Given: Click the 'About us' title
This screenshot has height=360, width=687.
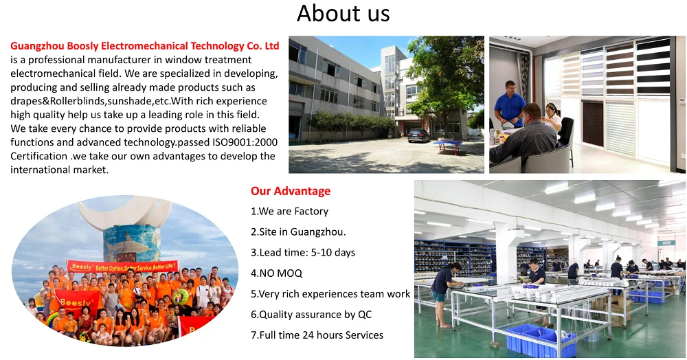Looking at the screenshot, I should click(x=343, y=14).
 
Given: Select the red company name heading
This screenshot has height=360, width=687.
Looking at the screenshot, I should click(x=145, y=46).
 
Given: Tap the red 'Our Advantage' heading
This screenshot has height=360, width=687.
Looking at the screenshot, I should click(x=291, y=191).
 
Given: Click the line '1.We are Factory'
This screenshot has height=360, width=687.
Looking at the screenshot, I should click(x=289, y=212).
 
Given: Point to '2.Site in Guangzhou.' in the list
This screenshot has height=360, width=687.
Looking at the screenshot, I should click(x=298, y=232).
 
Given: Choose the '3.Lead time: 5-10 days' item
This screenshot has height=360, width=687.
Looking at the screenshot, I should click(x=303, y=253).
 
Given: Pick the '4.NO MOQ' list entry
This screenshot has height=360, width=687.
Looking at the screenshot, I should click(x=276, y=273).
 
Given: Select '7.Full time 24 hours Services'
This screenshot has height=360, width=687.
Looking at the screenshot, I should click(x=317, y=335).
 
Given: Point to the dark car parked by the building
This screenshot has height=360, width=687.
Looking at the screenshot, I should click(x=418, y=135).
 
